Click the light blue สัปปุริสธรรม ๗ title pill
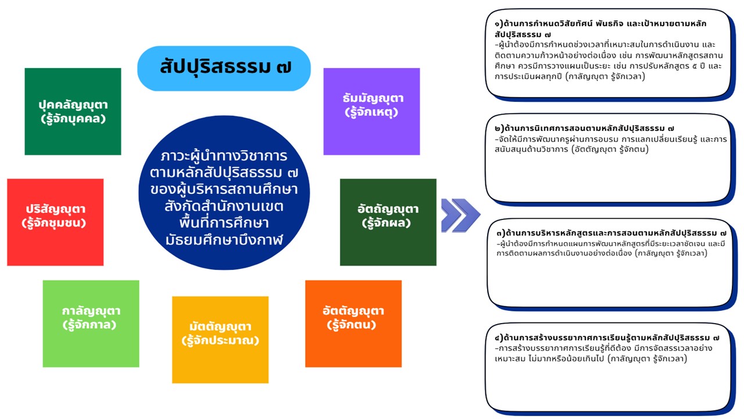[x=224, y=68]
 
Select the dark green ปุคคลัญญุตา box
[x=73, y=111]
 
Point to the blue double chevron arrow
[x=460, y=215]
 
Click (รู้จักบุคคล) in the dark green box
[x=73, y=119]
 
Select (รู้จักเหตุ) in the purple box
[x=371, y=112]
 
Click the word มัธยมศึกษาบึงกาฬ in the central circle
[x=224, y=239]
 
